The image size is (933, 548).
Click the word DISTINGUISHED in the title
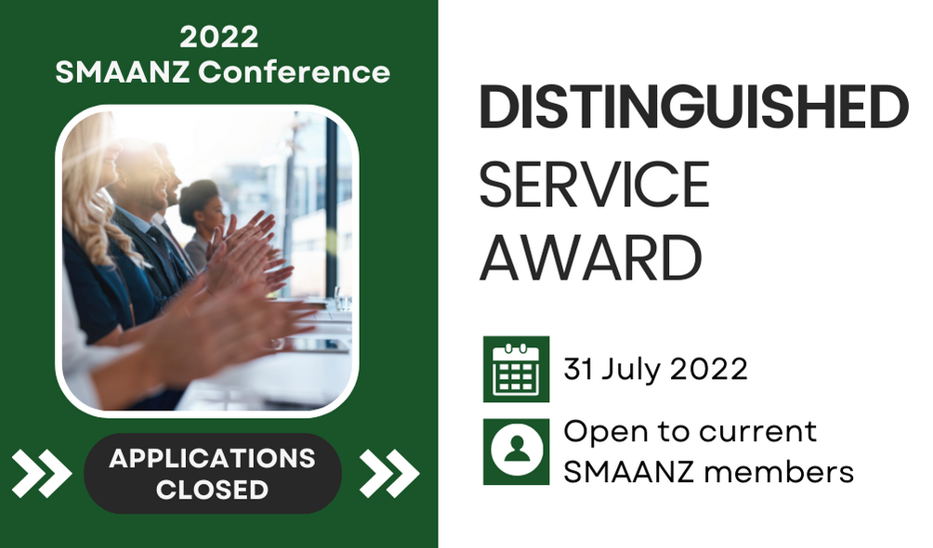coord(694,107)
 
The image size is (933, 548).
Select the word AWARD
coord(591,257)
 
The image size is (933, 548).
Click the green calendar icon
coord(516,369)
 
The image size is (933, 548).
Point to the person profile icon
coord(516,451)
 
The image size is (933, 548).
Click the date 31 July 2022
coord(655,370)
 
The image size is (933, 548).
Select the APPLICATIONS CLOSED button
coord(213,474)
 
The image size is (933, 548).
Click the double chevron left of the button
coord(42,473)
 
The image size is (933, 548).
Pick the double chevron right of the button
coord(389,473)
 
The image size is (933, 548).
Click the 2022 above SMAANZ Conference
coord(219,37)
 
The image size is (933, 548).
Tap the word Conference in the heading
coord(294,72)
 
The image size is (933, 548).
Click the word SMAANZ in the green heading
coord(123,72)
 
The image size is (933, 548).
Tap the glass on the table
coord(343,299)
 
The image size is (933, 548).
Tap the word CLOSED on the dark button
coord(212,489)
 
